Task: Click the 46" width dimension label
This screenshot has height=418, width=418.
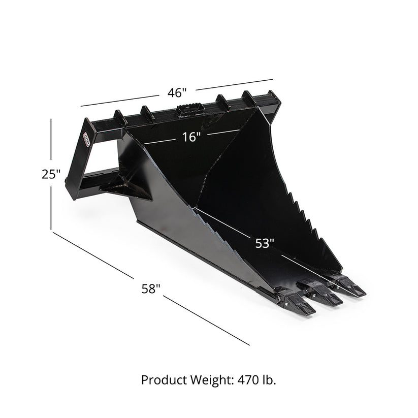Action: click(178, 92)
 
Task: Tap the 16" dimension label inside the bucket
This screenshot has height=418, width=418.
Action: click(189, 137)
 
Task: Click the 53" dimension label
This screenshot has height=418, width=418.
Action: click(264, 243)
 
